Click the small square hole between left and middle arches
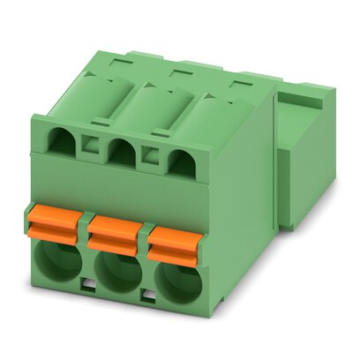tap(89, 145)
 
